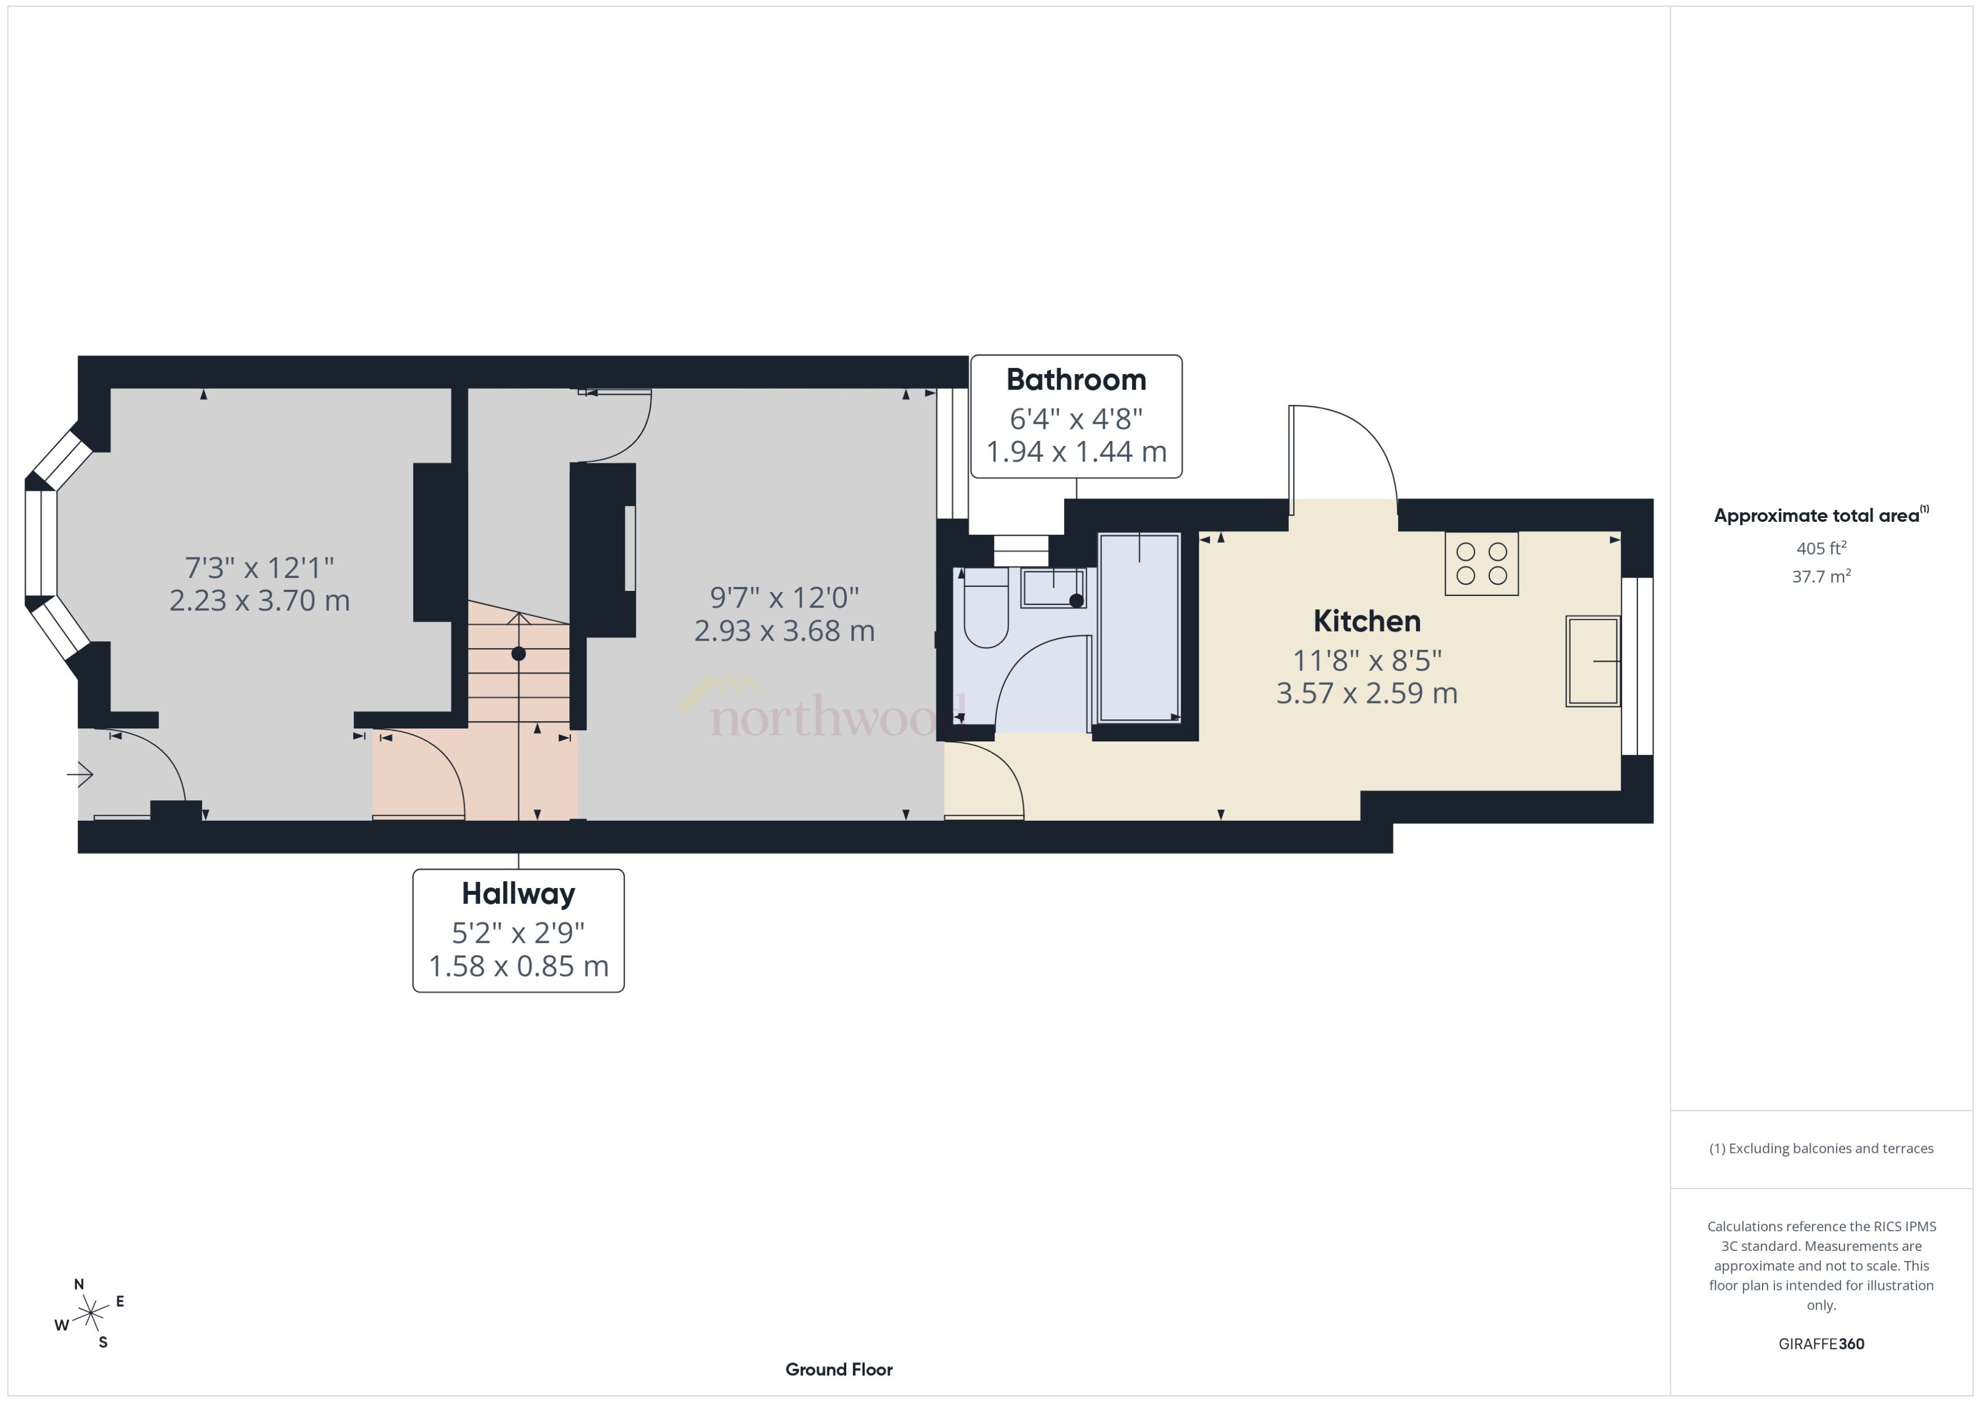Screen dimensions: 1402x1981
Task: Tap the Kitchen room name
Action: click(x=1366, y=621)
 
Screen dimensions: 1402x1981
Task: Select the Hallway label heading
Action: click(x=518, y=894)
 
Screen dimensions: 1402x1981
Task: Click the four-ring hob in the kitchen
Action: click(x=1481, y=564)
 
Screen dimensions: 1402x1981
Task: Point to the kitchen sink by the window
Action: click(x=1593, y=661)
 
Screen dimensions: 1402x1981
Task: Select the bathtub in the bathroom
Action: click(x=1139, y=627)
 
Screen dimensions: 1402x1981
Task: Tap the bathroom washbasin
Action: click(x=1053, y=588)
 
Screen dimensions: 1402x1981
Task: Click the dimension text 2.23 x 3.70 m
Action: click(x=260, y=600)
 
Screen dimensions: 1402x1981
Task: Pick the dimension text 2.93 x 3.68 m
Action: click(x=784, y=631)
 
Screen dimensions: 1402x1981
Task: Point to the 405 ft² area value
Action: click(x=1820, y=548)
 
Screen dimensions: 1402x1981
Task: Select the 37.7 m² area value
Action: click(x=1820, y=576)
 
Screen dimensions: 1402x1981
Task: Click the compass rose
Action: click(x=90, y=1314)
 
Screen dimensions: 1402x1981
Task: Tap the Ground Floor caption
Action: click(x=838, y=1369)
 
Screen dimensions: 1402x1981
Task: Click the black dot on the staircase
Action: click(x=518, y=654)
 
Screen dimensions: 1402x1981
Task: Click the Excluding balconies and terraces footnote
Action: click(x=1820, y=1148)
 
